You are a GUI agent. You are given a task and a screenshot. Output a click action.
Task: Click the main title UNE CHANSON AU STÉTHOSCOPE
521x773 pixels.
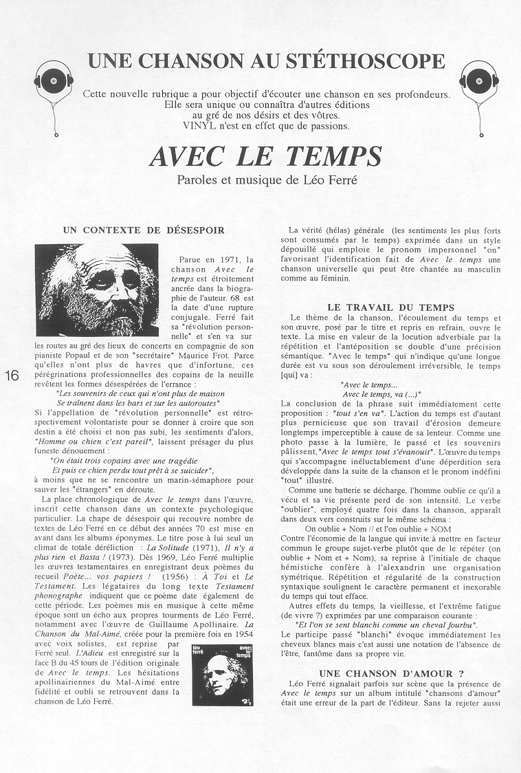(x=265, y=61)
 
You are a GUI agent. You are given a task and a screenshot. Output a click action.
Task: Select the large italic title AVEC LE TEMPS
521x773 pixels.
(x=265, y=157)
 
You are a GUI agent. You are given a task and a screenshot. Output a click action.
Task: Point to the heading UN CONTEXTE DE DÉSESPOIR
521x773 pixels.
(x=143, y=229)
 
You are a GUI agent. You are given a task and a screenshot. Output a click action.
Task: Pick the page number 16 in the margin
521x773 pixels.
(x=12, y=375)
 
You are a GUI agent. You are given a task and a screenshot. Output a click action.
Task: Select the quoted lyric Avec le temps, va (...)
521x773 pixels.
(x=381, y=394)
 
